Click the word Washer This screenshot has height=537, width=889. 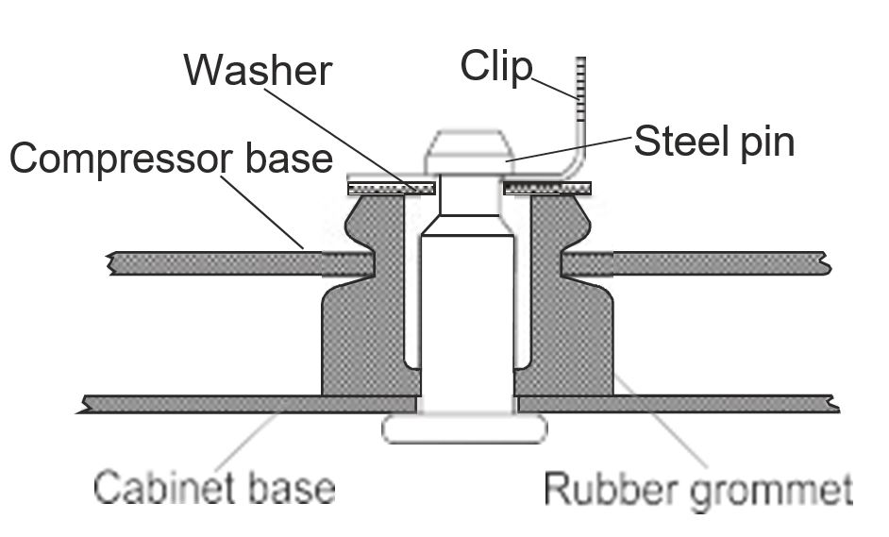click(x=258, y=71)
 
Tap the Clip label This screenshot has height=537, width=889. click(x=496, y=67)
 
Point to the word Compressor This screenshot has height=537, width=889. click(x=122, y=159)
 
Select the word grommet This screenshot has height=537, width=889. click(x=772, y=491)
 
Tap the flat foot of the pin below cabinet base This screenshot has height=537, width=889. click(x=464, y=428)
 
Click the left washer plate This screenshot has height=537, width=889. click(x=392, y=188)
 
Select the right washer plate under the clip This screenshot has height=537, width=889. click(x=547, y=188)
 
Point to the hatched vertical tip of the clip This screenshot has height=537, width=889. click(x=580, y=89)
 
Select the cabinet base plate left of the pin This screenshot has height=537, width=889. click(x=249, y=404)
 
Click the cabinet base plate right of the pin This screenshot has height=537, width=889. click(x=678, y=404)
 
